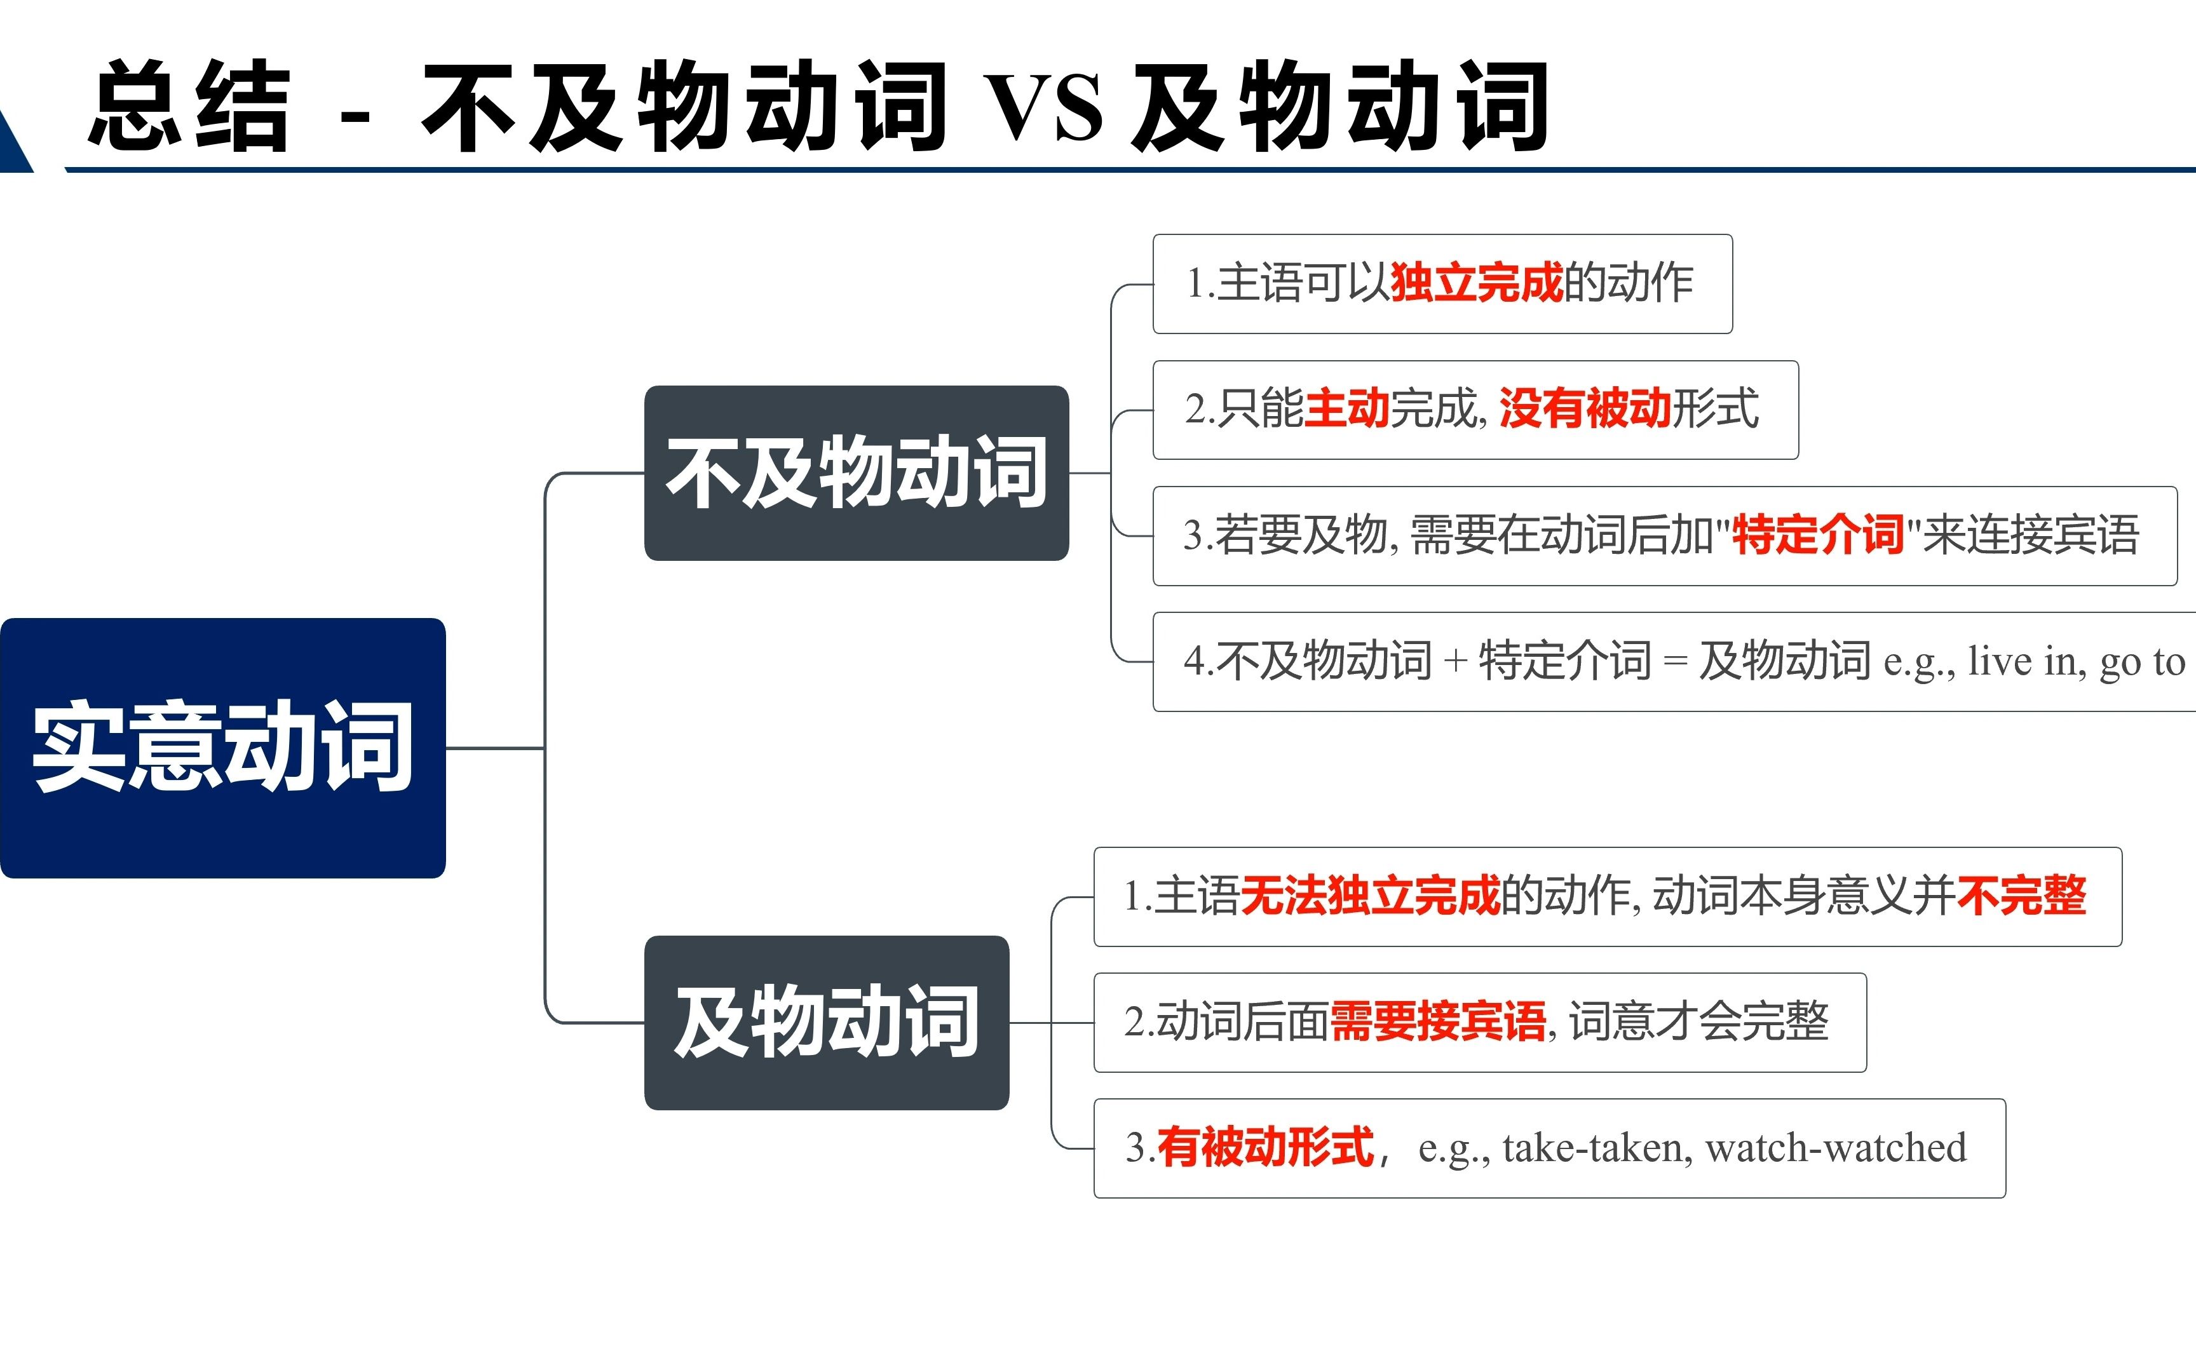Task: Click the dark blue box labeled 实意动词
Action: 223,748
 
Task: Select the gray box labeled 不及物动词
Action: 857,473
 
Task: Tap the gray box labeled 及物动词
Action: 827,1023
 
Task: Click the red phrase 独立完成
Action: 1477,282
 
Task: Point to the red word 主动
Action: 1346,408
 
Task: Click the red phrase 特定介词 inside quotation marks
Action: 1817,534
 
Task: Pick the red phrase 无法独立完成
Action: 1370,896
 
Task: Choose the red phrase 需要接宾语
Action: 1437,1022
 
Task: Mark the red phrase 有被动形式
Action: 1265,1148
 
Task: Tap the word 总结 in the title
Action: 189,105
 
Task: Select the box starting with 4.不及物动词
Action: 1674,661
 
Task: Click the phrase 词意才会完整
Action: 1698,1022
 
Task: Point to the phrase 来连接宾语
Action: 2031,534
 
